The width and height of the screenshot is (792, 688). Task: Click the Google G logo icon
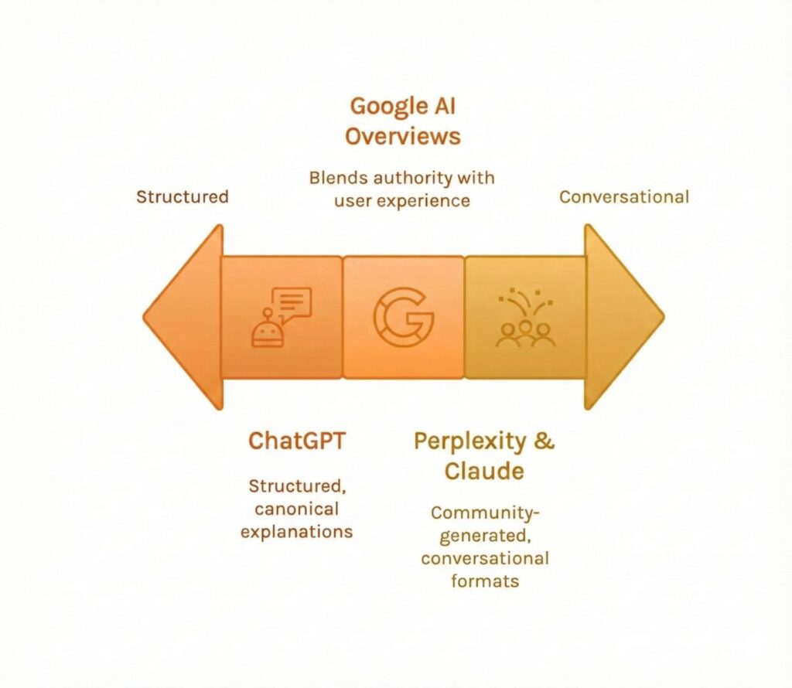pos(403,317)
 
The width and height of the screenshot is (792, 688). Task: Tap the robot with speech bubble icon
pos(282,317)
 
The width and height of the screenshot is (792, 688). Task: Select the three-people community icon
pos(525,318)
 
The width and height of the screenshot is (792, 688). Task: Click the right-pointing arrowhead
pos(622,317)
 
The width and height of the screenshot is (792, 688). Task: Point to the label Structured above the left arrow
pos(183,196)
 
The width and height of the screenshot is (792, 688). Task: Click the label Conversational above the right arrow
pos(623,196)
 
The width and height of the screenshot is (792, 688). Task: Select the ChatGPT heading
pos(297,441)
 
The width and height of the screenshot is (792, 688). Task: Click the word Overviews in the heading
pos(402,137)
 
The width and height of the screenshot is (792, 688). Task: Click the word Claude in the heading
pos(484,471)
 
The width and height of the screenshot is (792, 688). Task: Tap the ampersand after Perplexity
pos(545,441)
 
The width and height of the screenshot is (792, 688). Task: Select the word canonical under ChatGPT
pos(297,509)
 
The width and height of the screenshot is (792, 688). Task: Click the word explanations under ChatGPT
pos(297,532)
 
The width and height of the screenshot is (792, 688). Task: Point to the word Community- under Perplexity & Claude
pos(484,513)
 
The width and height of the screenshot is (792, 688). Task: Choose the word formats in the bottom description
pos(484,580)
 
